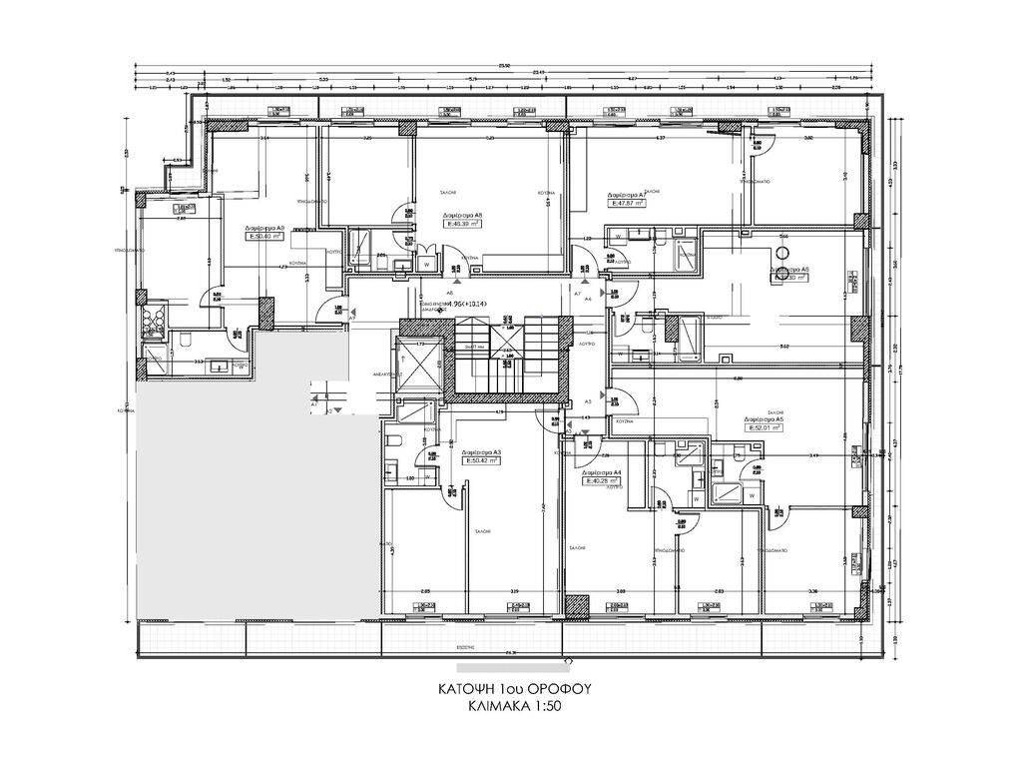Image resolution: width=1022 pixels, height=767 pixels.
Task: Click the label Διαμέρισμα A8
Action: coord(465,215)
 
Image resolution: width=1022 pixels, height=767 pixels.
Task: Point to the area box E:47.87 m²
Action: coord(629,203)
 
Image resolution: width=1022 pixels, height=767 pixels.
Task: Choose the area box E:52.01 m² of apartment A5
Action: coord(764,427)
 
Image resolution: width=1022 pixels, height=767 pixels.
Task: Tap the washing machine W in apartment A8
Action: coord(427,265)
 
